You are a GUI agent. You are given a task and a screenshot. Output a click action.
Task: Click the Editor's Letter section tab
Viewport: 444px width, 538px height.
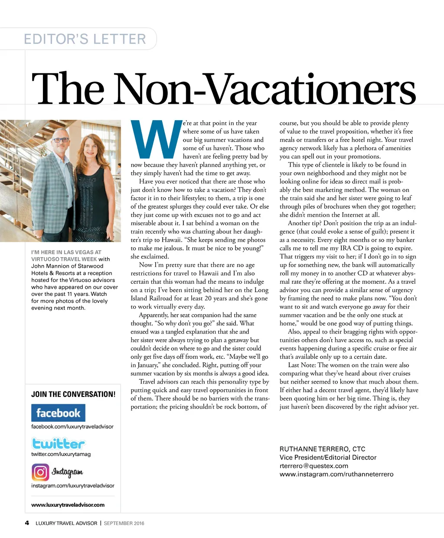tap(85, 39)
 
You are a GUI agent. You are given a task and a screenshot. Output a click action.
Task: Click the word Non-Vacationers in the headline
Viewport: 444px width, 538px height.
tap(264, 89)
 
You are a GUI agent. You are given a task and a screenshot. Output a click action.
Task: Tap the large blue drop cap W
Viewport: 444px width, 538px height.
tap(155, 140)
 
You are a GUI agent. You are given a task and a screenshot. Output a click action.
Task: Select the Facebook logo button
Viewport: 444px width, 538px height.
tap(58, 413)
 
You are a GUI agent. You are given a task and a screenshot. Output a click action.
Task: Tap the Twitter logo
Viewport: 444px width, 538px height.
tap(58, 443)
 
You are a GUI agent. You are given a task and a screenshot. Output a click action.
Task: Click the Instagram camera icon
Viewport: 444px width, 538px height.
tap(40, 472)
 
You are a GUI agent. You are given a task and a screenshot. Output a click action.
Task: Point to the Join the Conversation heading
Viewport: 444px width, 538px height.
tap(73, 394)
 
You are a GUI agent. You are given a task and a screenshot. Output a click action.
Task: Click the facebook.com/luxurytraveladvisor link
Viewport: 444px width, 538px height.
tap(72, 426)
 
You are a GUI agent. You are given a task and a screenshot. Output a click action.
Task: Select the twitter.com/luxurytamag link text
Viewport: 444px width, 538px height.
tap(61, 454)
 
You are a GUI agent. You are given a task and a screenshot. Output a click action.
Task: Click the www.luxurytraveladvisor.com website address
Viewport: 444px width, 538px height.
tap(68, 505)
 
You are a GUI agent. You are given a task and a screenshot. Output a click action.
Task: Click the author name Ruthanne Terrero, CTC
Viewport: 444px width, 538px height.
tap(322, 449)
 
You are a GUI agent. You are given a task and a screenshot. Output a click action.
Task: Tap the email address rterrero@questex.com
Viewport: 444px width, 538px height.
tap(314, 466)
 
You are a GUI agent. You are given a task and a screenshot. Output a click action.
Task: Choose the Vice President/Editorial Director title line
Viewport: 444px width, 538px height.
tap(328, 457)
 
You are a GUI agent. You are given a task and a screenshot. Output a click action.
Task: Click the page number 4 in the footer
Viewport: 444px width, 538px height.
tap(27, 523)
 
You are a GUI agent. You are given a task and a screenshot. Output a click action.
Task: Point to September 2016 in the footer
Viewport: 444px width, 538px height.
tap(124, 523)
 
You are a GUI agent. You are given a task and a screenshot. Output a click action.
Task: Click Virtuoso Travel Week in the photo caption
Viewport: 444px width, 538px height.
tap(64, 259)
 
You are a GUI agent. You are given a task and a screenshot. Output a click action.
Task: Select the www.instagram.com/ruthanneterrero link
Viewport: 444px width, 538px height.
tap(336, 474)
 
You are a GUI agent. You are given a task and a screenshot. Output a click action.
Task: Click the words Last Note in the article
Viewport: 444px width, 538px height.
tap(302, 365)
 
